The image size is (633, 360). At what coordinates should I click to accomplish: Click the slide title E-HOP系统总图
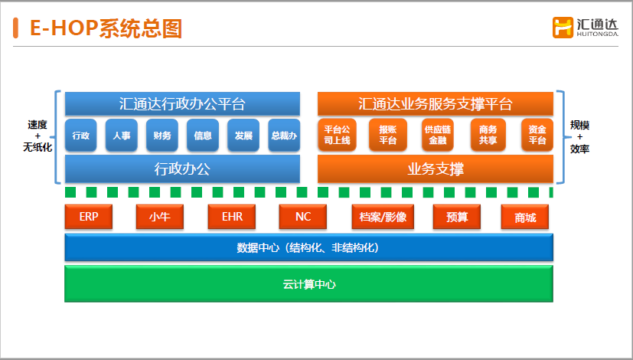(x=106, y=28)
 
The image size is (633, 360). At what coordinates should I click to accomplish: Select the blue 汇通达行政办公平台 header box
(x=182, y=103)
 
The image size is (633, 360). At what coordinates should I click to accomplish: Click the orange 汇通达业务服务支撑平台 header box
(x=435, y=103)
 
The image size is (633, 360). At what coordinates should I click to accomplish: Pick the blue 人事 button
(x=121, y=136)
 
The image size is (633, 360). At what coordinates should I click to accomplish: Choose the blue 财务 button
(x=162, y=136)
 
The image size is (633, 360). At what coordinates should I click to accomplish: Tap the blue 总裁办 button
(x=283, y=136)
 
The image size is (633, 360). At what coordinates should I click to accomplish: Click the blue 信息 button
(x=203, y=136)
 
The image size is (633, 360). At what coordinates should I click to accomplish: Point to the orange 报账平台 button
(x=387, y=136)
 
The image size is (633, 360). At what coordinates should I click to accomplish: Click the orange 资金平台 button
(x=537, y=136)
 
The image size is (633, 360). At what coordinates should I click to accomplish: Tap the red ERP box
(x=88, y=218)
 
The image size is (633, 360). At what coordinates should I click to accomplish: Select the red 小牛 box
(x=158, y=218)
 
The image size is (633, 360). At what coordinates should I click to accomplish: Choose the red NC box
(x=303, y=218)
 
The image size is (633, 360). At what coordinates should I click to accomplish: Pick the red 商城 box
(x=525, y=218)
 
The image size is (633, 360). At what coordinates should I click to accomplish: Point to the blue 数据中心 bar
(x=308, y=248)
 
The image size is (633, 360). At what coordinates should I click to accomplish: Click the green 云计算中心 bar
(x=308, y=284)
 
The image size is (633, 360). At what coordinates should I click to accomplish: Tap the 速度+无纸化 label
(x=38, y=136)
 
